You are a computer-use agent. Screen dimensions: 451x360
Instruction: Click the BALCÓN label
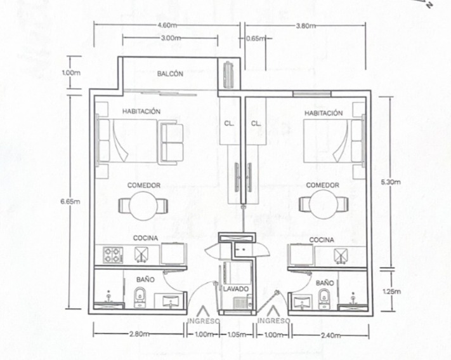coord(170,74)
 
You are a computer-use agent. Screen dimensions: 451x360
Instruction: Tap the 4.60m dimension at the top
coord(167,25)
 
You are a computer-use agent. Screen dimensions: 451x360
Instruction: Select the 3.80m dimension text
coord(306,25)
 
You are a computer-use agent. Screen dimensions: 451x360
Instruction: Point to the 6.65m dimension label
coord(70,201)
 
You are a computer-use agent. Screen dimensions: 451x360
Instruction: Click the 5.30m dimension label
coord(391,182)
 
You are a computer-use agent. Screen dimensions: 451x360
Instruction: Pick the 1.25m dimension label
coord(391,291)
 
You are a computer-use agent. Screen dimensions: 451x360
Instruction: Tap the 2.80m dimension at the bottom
coord(139,334)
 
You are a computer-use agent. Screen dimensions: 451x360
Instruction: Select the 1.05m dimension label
coord(237,335)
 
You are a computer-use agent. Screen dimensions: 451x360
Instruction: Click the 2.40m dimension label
coord(330,335)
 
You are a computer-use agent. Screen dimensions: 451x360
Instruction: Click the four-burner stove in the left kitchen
coord(113,255)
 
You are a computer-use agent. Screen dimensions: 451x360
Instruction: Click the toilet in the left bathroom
coord(140,297)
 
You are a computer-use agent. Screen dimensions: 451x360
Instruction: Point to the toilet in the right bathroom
coord(324,299)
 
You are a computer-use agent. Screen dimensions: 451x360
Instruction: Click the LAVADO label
coord(236,289)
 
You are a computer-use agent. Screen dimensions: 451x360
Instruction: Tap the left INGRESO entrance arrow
coord(203,311)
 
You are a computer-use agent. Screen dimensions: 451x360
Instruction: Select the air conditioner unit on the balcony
coord(229,74)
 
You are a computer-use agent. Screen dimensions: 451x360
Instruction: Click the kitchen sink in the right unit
coord(341,256)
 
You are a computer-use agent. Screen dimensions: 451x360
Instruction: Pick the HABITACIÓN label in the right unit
coord(324,113)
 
